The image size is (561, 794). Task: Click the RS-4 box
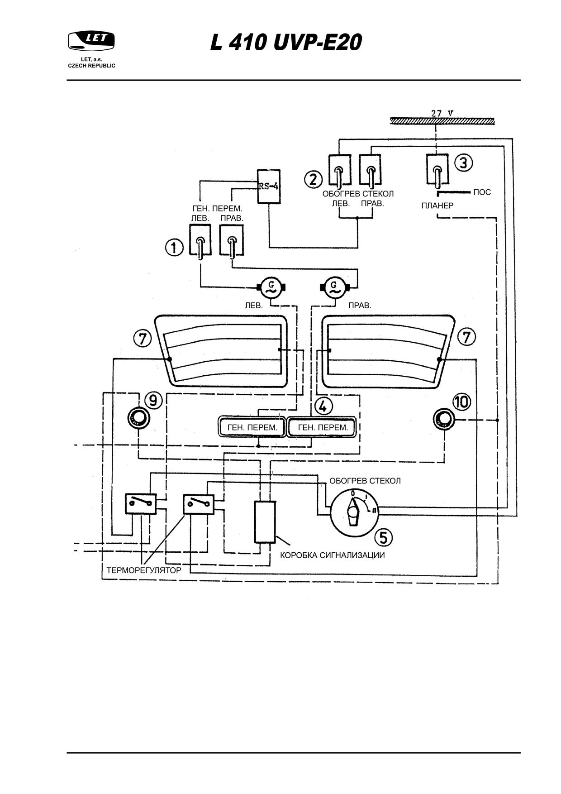point(269,187)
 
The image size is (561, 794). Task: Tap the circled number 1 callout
point(174,248)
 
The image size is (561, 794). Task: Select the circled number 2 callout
point(313,179)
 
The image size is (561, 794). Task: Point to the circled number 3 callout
point(463,163)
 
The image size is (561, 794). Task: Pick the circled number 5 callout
point(384,537)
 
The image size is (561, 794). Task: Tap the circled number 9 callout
point(153,400)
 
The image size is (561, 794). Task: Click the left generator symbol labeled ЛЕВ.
point(271,287)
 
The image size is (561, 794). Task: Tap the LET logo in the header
point(91,41)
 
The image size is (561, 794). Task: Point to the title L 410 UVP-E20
point(286,43)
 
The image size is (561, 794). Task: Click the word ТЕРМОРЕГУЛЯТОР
point(144,570)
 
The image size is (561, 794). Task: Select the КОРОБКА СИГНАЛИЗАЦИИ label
point(333,555)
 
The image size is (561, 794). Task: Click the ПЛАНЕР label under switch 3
point(437,206)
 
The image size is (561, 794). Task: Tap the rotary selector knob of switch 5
point(352,513)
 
